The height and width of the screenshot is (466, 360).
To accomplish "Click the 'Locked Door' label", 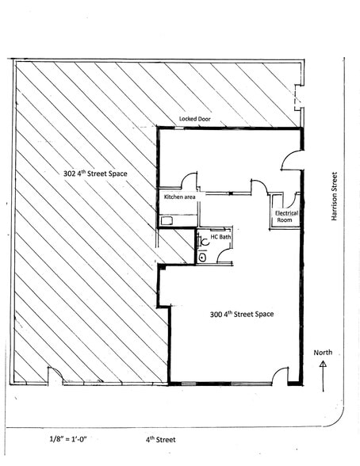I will [199, 118].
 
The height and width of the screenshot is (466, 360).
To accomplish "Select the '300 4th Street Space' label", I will [241, 314].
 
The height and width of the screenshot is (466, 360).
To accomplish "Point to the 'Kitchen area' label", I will [179, 197].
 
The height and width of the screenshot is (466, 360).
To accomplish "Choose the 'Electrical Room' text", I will [285, 217].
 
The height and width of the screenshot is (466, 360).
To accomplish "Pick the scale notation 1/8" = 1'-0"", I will [68, 437].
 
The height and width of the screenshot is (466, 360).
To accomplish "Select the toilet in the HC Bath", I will [203, 256].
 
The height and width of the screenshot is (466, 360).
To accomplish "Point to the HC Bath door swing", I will [224, 253].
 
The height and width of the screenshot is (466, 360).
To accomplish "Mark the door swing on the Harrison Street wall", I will [293, 159].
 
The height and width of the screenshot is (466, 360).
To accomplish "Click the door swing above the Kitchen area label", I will [190, 181].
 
